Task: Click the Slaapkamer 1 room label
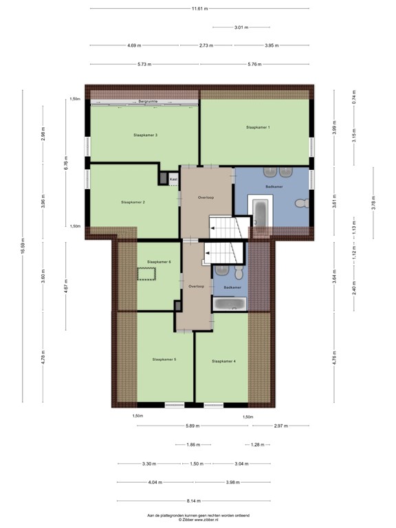point(258,127)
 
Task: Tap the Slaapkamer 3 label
point(146,135)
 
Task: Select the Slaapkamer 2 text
point(133,202)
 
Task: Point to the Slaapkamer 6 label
point(159,262)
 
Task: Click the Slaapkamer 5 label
point(164,360)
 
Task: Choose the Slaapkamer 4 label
point(224,362)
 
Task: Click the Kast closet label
point(173,179)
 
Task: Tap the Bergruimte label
point(148,101)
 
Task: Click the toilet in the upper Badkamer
point(302,203)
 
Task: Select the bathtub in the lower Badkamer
point(230,304)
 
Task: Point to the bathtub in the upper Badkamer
point(261,214)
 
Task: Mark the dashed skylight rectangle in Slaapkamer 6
point(146,274)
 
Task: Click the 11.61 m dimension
point(199,9)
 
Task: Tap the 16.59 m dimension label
point(23,246)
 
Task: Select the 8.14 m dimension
point(194,501)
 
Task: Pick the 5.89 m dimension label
point(192,426)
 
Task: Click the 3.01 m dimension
point(241,27)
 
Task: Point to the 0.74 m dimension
point(354,97)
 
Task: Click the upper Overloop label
point(206,198)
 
